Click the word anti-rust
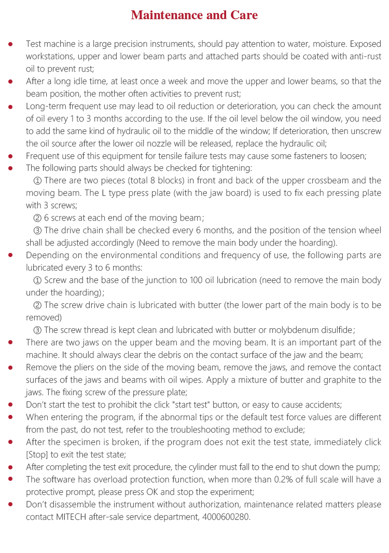(362, 56)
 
